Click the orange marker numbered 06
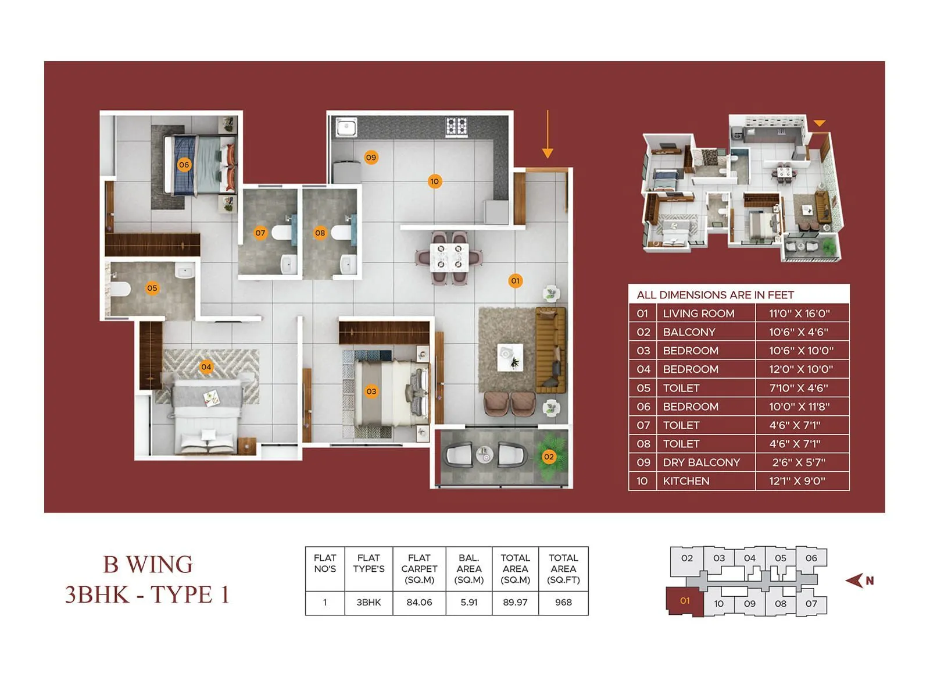(184, 165)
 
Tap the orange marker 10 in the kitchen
(434, 181)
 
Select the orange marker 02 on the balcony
(549, 457)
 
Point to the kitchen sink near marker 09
(346, 127)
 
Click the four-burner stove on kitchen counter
(456, 126)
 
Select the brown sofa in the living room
(550, 349)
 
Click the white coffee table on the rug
(510, 357)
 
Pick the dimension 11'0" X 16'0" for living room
(799, 314)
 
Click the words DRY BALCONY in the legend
(701, 462)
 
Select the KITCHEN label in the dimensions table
(686, 481)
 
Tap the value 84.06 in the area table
(419, 603)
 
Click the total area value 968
(563, 603)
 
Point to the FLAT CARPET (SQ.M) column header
(419, 568)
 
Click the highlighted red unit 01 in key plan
(685, 601)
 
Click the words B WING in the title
(148, 564)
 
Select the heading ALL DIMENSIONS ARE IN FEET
(715, 295)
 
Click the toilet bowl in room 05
(120, 289)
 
